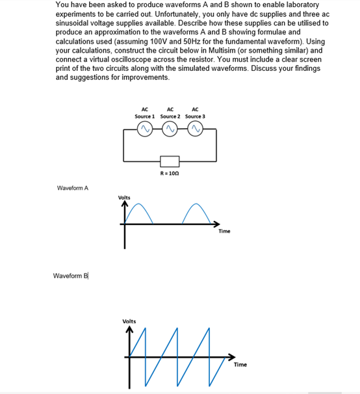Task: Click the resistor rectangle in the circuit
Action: [170, 161]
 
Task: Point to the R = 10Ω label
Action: [170, 174]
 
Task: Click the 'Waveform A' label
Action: [73, 189]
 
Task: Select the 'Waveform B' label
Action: [70, 276]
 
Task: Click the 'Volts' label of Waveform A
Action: [124, 197]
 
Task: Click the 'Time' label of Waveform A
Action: [224, 231]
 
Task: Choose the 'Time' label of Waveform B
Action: [240, 365]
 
